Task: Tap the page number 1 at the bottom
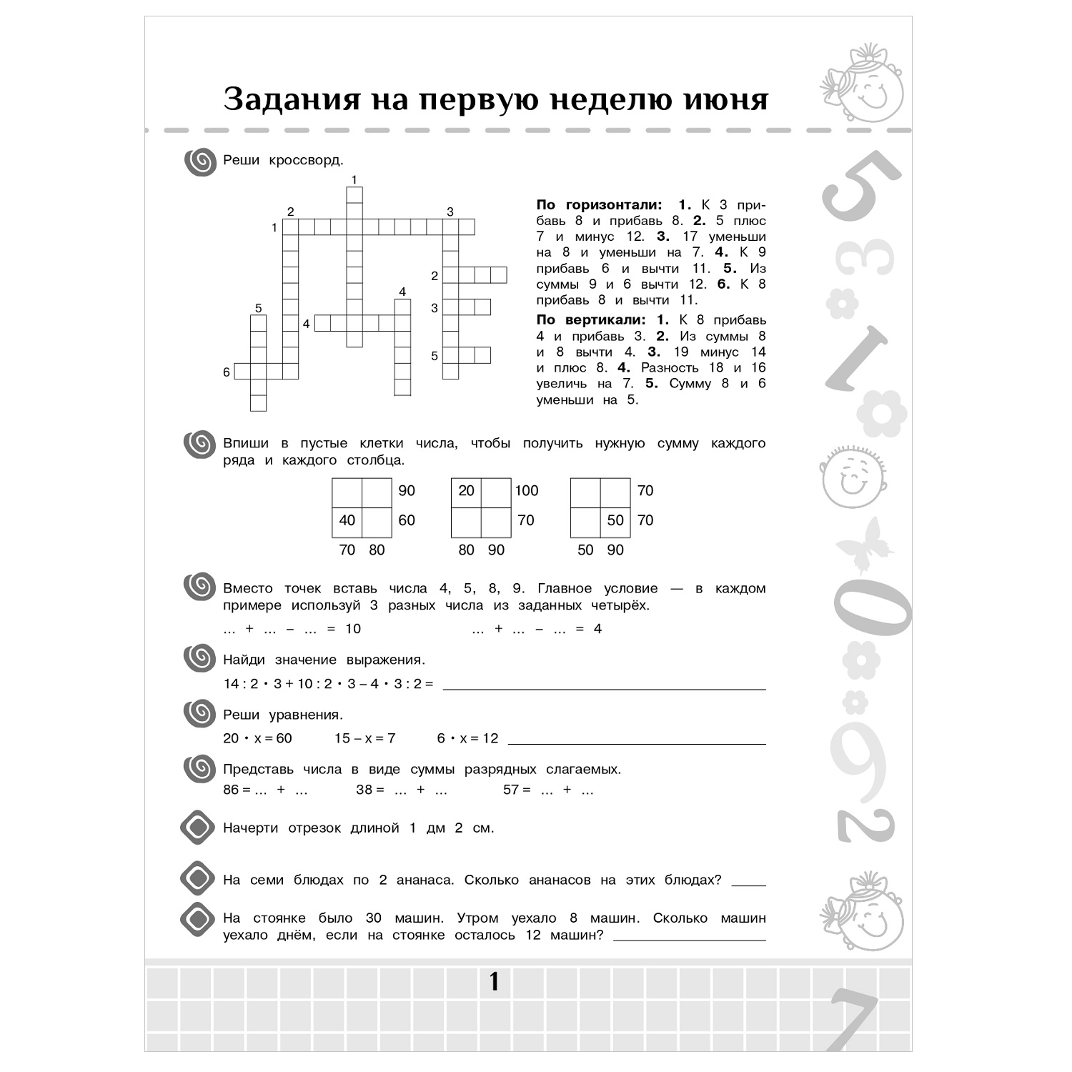point(494,982)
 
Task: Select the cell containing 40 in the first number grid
point(347,520)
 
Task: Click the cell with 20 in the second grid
point(466,491)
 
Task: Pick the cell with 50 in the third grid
point(615,520)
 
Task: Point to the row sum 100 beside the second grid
point(527,491)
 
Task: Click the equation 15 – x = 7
point(365,738)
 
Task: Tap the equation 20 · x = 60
point(257,738)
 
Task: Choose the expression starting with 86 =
point(265,790)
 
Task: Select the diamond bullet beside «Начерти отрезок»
point(198,828)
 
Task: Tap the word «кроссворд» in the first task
point(306,160)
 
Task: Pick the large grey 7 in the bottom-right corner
point(855,1018)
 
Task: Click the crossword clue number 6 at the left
point(227,372)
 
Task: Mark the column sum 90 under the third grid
point(615,550)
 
